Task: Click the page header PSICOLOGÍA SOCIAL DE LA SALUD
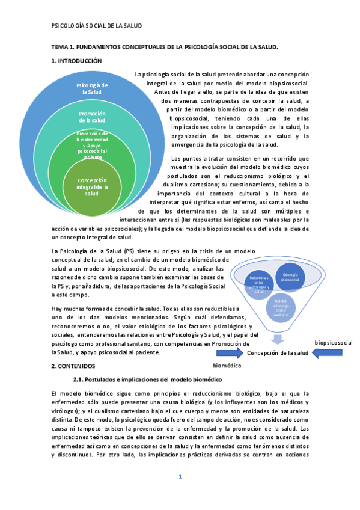(96, 26)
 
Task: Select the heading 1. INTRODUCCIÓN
(76, 61)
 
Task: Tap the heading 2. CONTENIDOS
(72, 366)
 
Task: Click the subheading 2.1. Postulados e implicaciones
(147, 379)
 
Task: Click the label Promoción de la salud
(92, 117)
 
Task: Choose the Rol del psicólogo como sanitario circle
(278, 308)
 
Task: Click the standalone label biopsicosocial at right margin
(334, 342)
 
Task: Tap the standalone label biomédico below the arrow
(227, 365)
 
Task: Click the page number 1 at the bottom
(180, 477)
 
